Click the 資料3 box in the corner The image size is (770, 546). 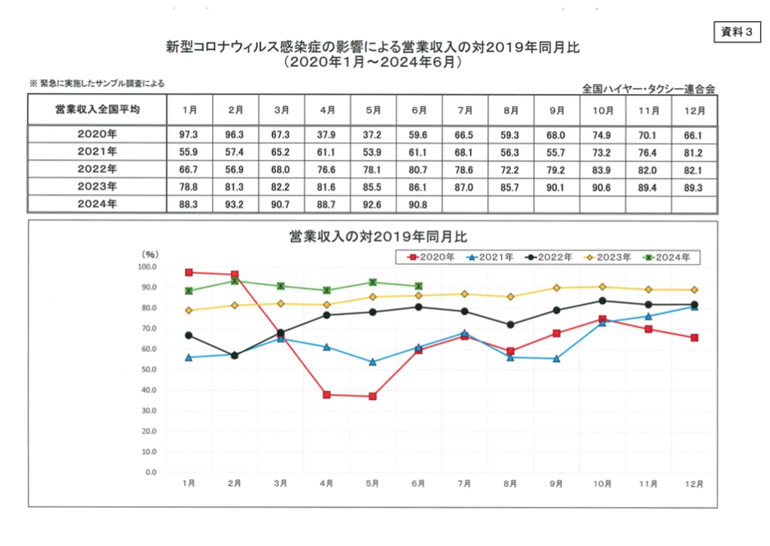pyautogui.click(x=734, y=32)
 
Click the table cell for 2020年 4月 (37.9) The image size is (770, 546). pyautogui.click(x=327, y=135)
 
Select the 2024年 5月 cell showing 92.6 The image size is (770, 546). pyautogui.click(x=373, y=204)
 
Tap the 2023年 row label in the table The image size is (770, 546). pyautogui.click(x=97, y=187)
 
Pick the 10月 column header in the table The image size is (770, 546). pyautogui.click(x=603, y=110)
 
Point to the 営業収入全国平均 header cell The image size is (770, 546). pyautogui.click(x=97, y=110)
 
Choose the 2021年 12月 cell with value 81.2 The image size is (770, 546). pyautogui.click(x=695, y=153)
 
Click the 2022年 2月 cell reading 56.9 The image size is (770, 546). pyautogui.click(x=235, y=170)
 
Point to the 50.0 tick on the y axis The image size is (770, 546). pyautogui.click(x=147, y=370)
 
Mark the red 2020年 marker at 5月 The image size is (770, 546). pyautogui.click(x=373, y=396)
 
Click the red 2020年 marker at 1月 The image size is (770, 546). pyautogui.click(x=189, y=272)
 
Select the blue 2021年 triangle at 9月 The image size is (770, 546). pyautogui.click(x=557, y=359)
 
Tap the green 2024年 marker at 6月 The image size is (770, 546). pyautogui.click(x=419, y=286)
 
